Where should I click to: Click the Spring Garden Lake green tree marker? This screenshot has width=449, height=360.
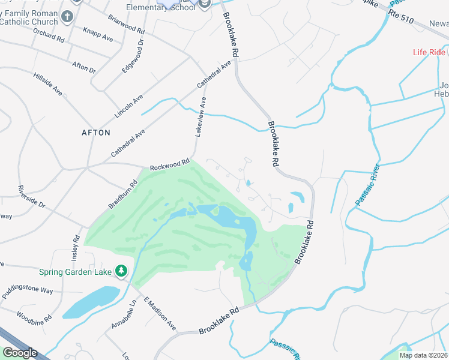click(x=122, y=272)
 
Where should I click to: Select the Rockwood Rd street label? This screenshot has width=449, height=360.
click(x=169, y=163)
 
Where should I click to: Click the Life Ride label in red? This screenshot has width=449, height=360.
click(x=429, y=52)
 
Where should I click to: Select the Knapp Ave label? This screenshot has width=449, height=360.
click(x=98, y=34)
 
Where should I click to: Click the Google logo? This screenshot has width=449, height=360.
click(x=20, y=353)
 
